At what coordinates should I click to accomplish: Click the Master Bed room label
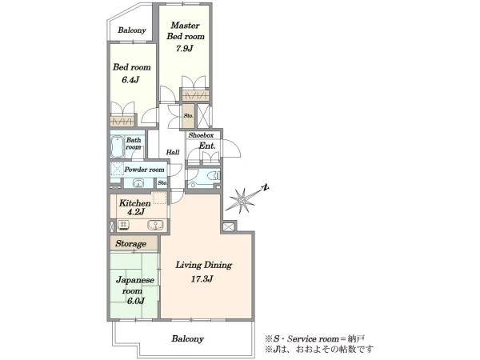[x=186, y=30]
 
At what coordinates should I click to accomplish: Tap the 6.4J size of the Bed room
[x=130, y=80]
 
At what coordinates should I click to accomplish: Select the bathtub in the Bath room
[x=117, y=147]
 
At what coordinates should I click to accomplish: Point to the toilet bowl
[x=214, y=175]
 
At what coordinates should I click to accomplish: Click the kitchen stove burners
[x=123, y=225]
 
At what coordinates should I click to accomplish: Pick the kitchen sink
[x=155, y=225]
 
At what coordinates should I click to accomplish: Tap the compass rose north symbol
[x=266, y=187]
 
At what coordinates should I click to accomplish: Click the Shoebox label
[x=201, y=135]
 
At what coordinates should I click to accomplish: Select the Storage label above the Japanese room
[x=130, y=244]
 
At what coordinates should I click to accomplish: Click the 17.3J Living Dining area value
[x=202, y=279]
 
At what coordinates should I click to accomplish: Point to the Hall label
[x=173, y=152]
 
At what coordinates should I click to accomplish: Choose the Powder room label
[x=144, y=170]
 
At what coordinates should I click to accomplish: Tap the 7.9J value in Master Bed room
[x=184, y=48]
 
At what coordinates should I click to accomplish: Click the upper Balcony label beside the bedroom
[x=132, y=30]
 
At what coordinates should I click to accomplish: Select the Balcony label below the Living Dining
[x=187, y=338]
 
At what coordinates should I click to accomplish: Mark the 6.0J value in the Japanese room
[x=136, y=301]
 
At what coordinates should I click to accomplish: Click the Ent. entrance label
[x=207, y=146]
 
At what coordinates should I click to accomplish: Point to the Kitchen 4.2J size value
[x=136, y=212]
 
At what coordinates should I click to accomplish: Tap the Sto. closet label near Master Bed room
[x=188, y=116]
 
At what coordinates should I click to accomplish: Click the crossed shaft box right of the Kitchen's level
[x=228, y=227]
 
